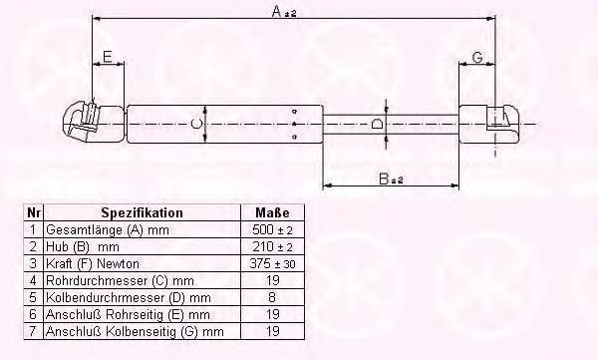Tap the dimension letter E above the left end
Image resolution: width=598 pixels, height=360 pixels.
[108, 57]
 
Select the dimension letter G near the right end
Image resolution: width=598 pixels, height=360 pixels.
[477, 58]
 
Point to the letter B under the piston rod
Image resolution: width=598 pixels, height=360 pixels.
[384, 179]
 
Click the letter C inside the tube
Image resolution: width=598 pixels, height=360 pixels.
[195, 124]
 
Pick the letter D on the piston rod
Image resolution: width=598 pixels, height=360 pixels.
[377, 124]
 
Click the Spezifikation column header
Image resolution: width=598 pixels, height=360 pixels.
[142, 212]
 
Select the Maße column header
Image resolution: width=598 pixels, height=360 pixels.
[272, 212]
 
